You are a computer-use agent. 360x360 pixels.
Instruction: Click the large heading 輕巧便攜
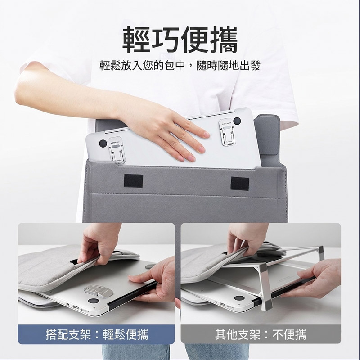(180, 40)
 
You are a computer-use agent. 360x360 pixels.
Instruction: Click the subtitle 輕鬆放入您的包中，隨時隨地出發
(180, 66)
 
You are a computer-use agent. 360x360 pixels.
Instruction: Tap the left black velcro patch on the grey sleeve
(133, 181)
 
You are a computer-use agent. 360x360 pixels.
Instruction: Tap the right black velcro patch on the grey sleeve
(240, 184)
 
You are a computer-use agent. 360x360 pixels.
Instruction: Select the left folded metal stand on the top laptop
(117, 150)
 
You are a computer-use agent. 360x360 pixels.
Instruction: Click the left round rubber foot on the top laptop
(103, 144)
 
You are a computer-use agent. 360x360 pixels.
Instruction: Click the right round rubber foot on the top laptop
(237, 121)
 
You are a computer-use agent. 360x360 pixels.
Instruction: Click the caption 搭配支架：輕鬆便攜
(97, 334)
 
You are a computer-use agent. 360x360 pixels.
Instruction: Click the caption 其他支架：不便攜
(261, 334)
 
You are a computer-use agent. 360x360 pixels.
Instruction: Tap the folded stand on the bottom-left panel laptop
(99, 291)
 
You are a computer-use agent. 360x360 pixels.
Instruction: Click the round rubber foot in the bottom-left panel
(94, 301)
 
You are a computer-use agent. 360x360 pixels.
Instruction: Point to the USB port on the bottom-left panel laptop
(76, 307)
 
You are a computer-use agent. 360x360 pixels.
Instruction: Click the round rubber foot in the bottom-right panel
(239, 298)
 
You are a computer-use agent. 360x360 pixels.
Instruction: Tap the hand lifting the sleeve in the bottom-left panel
(101, 243)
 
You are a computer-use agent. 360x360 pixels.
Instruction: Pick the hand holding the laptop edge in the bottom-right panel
(317, 279)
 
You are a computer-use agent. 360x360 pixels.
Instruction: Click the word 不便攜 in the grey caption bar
(289, 334)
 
